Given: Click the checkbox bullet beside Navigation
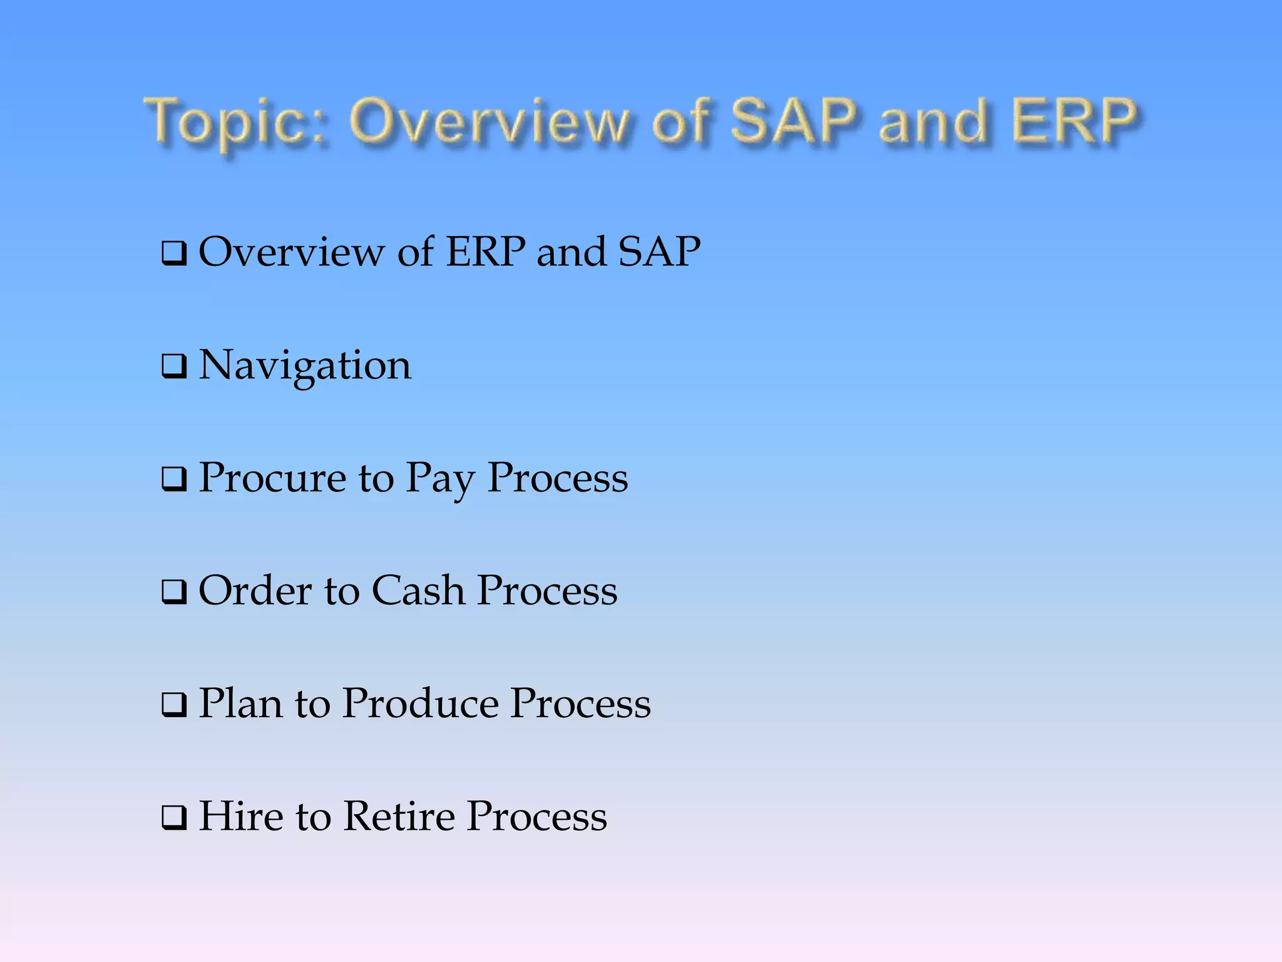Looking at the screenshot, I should [174, 366].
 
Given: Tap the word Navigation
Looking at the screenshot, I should [305, 365].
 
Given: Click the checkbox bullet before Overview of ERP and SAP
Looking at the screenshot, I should [174, 254].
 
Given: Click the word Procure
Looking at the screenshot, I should [272, 478].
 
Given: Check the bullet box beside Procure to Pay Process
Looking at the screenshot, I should [174, 479].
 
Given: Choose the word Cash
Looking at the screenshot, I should [418, 591].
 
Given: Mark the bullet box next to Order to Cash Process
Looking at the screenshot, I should [174, 592].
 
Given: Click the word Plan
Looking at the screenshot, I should [240, 703].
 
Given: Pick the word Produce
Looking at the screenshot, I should [420, 703].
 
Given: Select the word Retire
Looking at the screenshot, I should [399, 816].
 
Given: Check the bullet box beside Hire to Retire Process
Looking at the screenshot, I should [174, 817].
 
